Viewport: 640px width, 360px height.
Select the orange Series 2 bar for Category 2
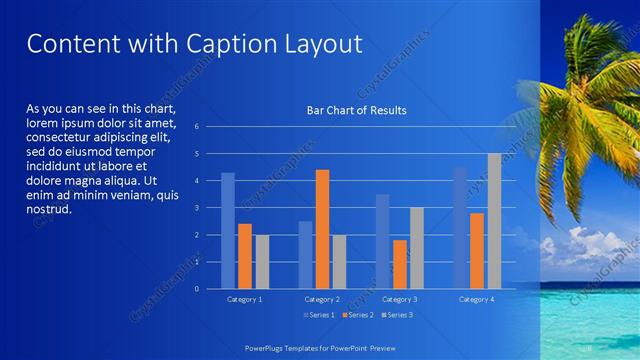point(322,229)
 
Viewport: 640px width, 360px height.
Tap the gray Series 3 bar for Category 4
point(494,221)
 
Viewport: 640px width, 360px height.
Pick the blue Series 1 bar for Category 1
point(228,231)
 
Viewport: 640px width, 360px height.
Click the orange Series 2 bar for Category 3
point(399,264)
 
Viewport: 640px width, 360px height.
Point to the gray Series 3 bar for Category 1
point(262,262)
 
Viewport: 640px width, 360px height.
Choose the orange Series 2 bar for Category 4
point(477,250)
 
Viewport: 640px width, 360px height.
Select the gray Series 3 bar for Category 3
point(416,248)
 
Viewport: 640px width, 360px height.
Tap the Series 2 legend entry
point(357,315)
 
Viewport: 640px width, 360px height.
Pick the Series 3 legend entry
point(397,315)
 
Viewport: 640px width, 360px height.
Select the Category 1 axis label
point(245,299)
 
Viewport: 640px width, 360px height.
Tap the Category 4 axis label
point(477,299)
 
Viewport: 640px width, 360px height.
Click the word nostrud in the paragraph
point(49,209)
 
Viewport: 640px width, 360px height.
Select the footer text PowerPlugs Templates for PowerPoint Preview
point(320,346)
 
